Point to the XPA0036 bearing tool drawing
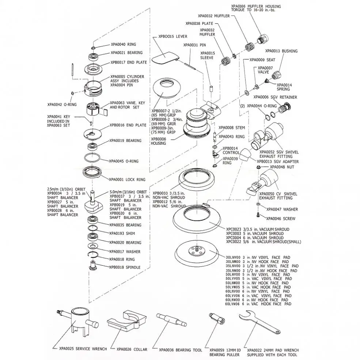(172, 321)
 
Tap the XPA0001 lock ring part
(93, 172)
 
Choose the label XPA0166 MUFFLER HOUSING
(256, 6)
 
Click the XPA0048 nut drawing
(258, 167)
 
